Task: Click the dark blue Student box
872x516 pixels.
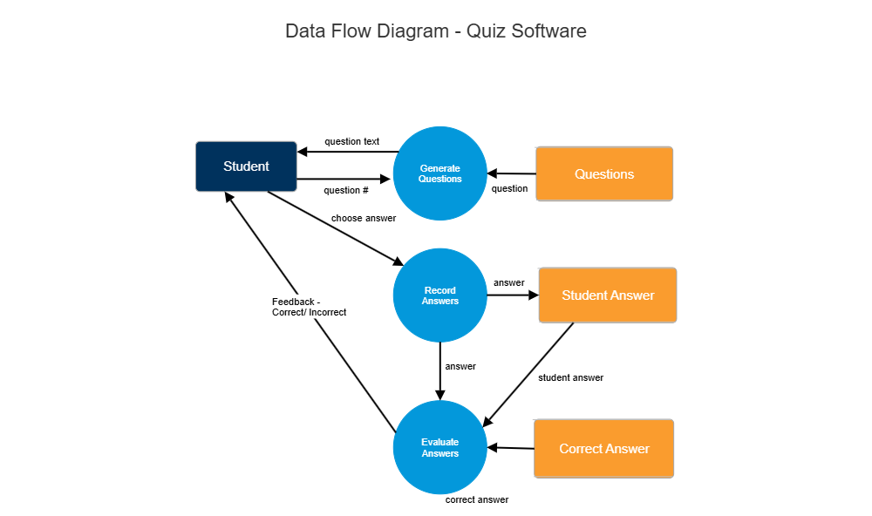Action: coord(246,166)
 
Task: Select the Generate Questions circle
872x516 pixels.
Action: coord(439,173)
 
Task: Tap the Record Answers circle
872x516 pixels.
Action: coord(439,295)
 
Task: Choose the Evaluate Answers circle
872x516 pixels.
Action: coord(439,447)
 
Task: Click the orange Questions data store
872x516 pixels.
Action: coord(604,174)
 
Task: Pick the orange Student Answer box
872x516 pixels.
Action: coord(608,295)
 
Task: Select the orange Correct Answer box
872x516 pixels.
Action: coord(604,449)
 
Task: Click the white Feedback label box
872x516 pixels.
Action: coord(319,307)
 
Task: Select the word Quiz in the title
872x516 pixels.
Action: coord(486,31)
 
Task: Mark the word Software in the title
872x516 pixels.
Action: coord(548,31)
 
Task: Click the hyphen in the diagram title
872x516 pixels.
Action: coord(457,32)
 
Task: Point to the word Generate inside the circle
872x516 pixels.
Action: coord(439,168)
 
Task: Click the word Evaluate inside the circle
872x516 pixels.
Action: coord(439,442)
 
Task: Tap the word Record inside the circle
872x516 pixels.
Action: coord(439,290)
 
